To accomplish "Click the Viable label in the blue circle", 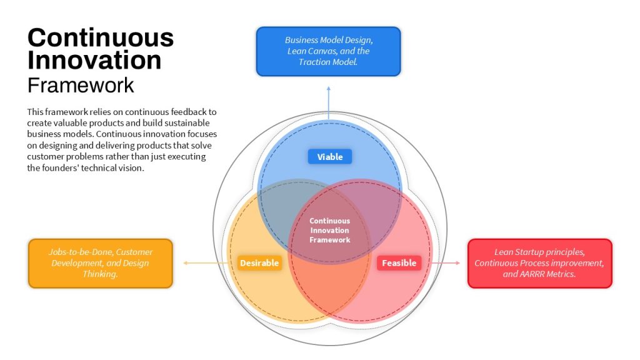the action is [330, 157].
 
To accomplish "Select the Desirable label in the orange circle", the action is [259, 263].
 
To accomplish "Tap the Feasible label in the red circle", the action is [399, 263].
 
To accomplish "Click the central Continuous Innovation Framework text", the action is [330, 230].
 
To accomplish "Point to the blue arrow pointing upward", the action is [329, 102].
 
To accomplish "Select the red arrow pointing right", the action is [446, 263].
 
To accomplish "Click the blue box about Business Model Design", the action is [329, 51].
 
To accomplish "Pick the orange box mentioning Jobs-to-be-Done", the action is [101, 263].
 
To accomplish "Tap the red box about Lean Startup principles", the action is [539, 263].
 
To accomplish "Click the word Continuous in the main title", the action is [101, 37].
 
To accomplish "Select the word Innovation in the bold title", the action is [94, 60].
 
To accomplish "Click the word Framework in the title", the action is [81, 85].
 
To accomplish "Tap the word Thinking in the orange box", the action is [100, 274].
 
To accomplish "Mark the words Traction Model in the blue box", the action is [327, 62].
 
